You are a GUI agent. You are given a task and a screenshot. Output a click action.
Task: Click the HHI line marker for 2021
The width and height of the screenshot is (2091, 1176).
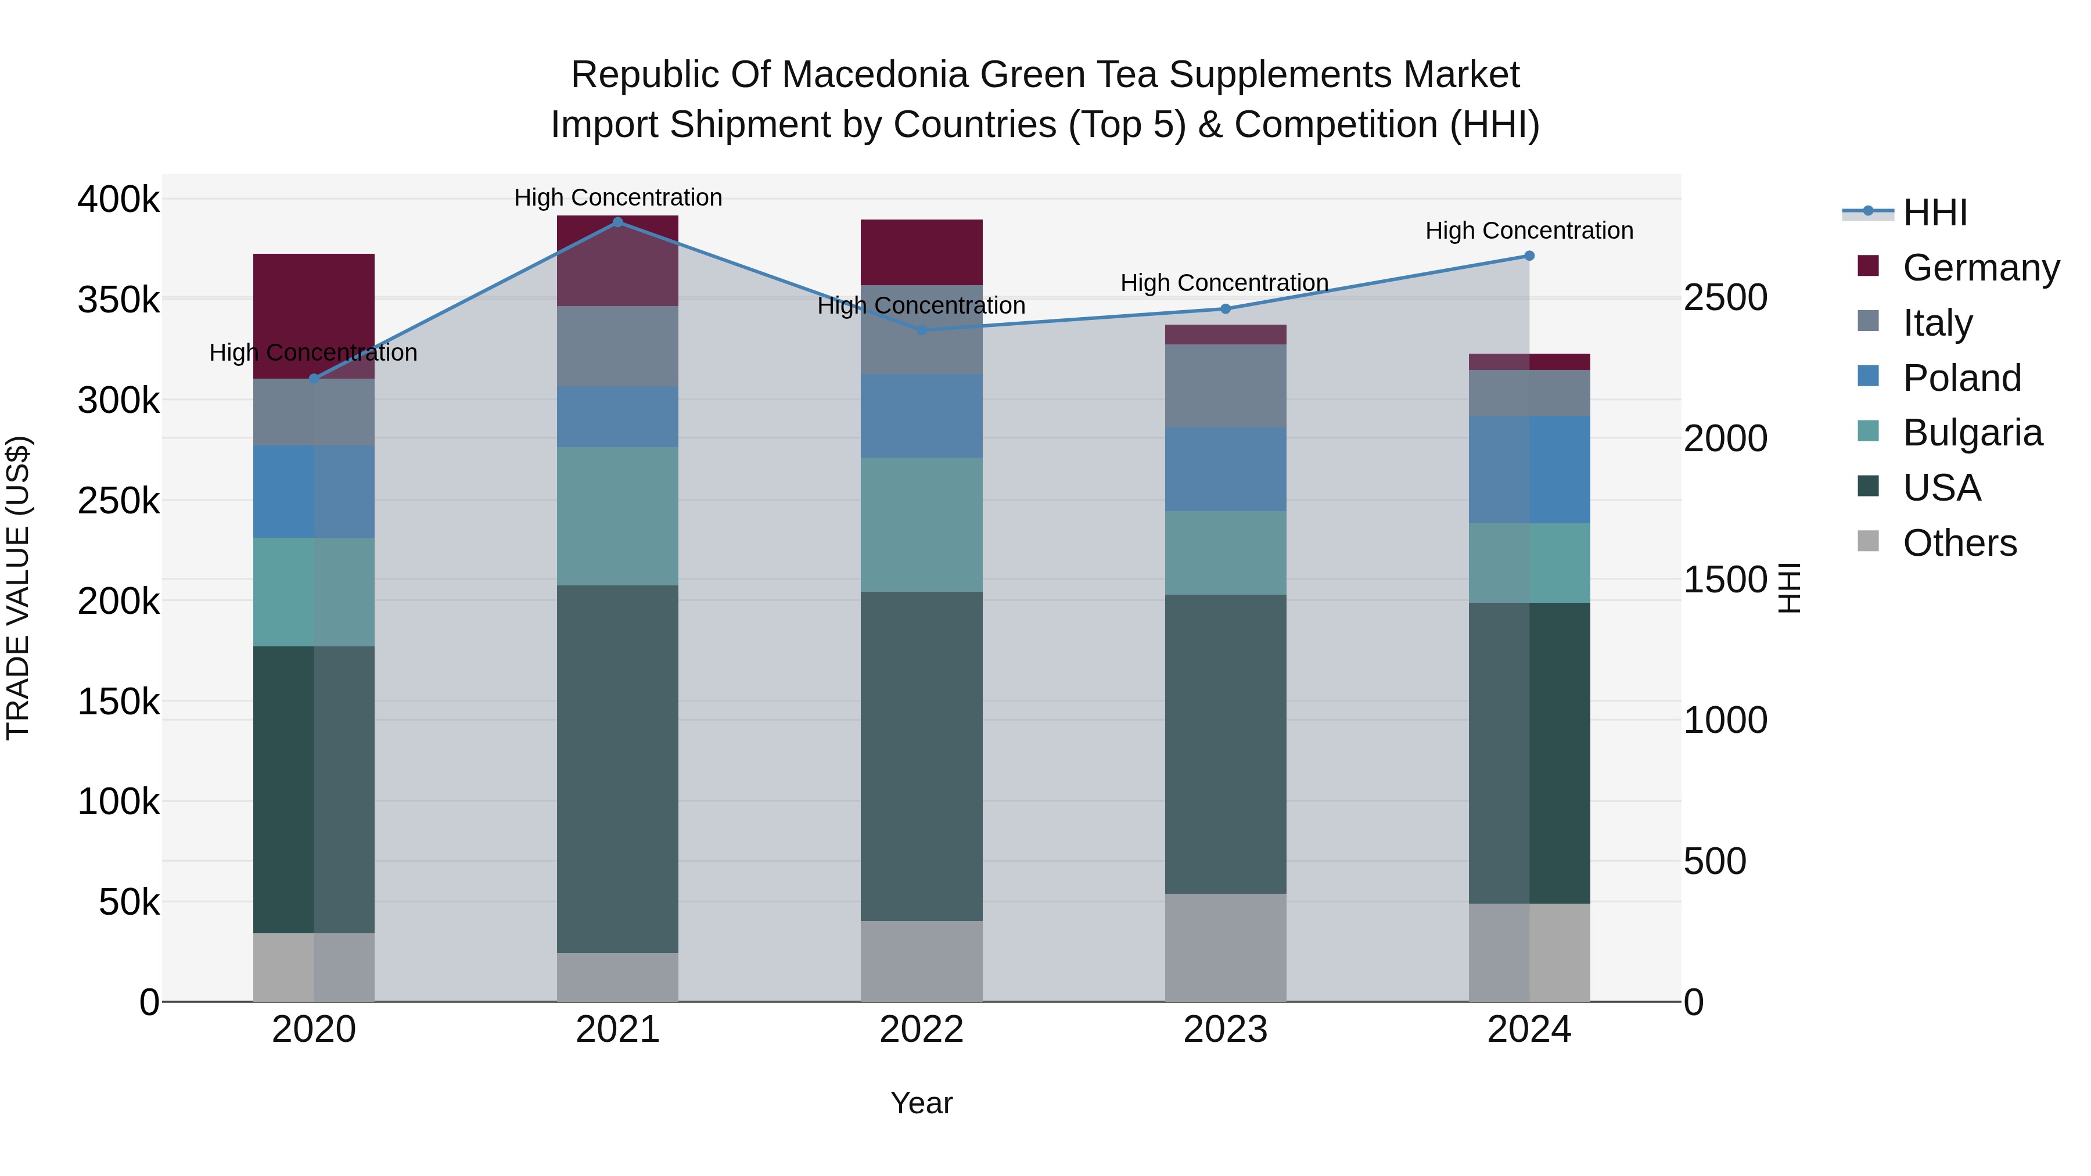pyautogui.click(x=618, y=222)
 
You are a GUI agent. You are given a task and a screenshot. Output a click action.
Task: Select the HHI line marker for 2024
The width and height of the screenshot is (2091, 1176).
pyautogui.click(x=1529, y=256)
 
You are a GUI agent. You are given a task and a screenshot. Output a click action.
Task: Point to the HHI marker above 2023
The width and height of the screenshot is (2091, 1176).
pyautogui.click(x=1226, y=308)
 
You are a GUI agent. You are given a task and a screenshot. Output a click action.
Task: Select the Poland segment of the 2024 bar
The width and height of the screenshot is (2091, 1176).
pyautogui.click(x=1529, y=469)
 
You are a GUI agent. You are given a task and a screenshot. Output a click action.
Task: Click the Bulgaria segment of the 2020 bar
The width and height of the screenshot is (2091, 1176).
pyautogui.click(x=314, y=592)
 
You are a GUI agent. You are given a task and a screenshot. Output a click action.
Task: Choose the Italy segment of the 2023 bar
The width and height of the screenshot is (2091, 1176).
pyautogui.click(x=1226, y=386)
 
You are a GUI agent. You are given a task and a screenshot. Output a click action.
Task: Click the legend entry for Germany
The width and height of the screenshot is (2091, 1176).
pyautogui.click(x=1981, y=268)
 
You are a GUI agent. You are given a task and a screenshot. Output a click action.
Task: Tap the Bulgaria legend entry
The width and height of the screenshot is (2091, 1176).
pyautogui.click(x=1972, y=433)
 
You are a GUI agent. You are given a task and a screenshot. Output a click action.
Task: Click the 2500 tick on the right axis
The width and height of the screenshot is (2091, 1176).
pyautogui.click(x=1725, y=298)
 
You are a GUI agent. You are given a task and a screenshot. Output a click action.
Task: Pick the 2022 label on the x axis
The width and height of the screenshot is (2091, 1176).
pyautogui.click(x=921, y=1030)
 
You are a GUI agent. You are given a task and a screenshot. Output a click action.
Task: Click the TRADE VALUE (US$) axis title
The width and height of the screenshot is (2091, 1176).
pyautogui.click(x=18, y=588)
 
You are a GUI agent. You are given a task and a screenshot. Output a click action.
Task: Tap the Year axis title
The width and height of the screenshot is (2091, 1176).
pyautogui.click(x=921, y=1103)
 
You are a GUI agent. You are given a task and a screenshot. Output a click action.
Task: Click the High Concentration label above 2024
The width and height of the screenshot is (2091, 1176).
pyautogui.click(x=1529, y=231)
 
